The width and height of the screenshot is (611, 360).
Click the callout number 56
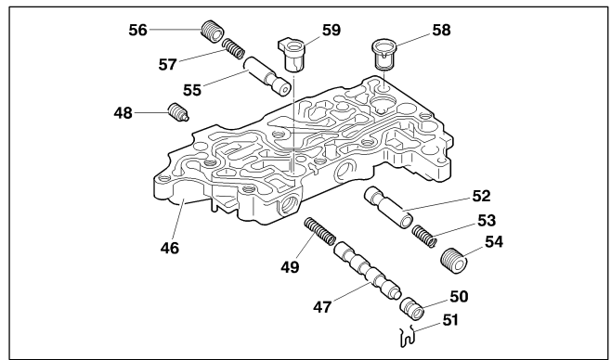coord(138,30)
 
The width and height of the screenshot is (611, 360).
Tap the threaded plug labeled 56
coord(213,32)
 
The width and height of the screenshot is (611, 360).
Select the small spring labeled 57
coord(233,48)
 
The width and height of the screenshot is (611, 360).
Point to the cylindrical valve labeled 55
coord(267,75)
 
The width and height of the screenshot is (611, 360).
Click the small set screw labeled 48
coord(179,112)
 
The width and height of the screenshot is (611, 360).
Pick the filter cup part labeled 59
coord(292,54)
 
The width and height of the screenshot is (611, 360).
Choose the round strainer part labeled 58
coord(383,54)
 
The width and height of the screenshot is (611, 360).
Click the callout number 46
coord(170,248)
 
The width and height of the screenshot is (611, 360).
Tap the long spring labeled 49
coord(319,232)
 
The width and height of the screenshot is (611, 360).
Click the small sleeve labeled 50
coord(412,309)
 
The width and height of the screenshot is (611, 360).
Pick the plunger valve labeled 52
coord(388,208)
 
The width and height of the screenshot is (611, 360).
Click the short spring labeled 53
coord(424,236)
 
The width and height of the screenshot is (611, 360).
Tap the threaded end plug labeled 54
coord(454,261)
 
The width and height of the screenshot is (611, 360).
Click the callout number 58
coord(441,30)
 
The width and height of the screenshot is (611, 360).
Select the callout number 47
coord(322,307)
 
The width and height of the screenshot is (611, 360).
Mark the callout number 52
coord(481,196)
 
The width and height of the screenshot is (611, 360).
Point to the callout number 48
coord(123,113)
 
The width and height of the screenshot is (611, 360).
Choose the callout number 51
coord(451,320)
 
